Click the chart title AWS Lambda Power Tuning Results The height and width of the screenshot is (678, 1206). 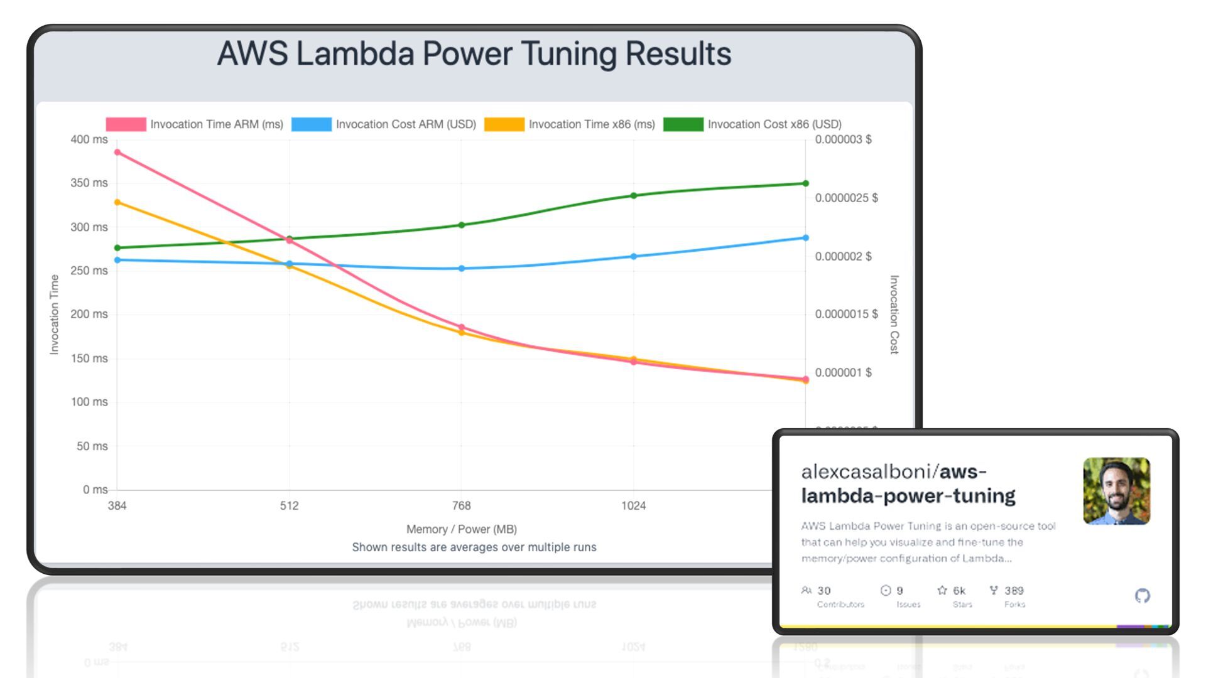pyautogui.click(x=474, y=54)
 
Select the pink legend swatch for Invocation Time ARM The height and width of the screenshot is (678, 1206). pyautogui.click(x=126, y=124)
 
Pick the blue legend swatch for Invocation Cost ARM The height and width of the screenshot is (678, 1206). pyautogui.click(x=312, y=124)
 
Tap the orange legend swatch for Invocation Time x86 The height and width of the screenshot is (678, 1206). pyautogui.click(x=504, y=124)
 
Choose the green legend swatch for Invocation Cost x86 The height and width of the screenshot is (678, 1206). pyautogui.click(x=683, y=124)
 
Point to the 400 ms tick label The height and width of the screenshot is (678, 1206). pyautogui.click(x=89, y=139)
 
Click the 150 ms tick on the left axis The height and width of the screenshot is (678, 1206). pyautogui.click(x=89, y=358)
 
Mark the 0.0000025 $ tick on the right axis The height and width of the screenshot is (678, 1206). pyautogui.click(x=846, y=198)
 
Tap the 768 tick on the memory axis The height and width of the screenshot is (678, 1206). pyautogui.click(x=462, y=506)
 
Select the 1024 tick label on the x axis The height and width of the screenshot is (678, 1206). pyautogui.click(x=633, y=506)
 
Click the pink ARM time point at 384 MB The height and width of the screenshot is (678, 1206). pyautogui.click(x=117, y=153)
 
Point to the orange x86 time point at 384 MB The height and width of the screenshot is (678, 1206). pyautogui.click(x=117, y=202)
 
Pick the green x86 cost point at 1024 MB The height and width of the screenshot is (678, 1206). pyautogui.click(x=633, y=196)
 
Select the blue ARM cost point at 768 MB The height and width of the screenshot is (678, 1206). pyautogui.click(x=462, y=269)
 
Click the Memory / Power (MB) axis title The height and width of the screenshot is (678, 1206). pyautogui.click(x=462, y=529)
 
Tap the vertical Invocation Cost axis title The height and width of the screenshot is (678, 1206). pyautogui.click(x=894, y=314)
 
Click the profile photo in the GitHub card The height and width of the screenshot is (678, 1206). pyautogui.click(x=1116, y=491)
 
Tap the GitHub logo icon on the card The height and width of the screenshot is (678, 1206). pyautogui.click(x=1143, y=596)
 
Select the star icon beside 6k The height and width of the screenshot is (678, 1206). pyautogui.click(x=942, y=590)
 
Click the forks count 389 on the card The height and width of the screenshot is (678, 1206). pyautogui.click(x=1014, y=591)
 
